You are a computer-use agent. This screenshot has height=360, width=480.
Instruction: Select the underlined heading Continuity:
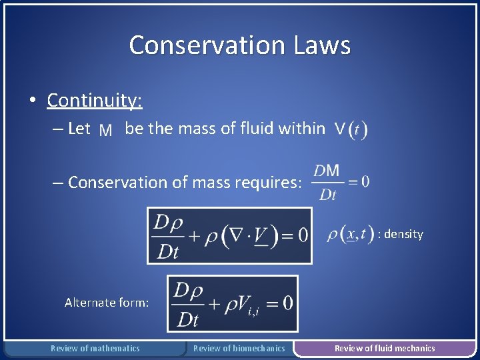95,100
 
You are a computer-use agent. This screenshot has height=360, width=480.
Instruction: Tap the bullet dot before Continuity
32,101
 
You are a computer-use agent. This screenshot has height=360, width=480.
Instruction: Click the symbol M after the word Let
105,130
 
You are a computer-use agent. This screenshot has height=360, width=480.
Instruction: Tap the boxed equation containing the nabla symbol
229,235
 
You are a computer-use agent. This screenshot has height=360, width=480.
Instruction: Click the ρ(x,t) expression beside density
350,235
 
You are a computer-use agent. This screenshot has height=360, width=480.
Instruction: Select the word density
403,234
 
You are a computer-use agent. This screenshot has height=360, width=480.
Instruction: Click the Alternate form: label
107,303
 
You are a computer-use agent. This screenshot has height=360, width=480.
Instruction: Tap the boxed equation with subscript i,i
232,303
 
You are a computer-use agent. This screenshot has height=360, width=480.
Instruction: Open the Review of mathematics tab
95,348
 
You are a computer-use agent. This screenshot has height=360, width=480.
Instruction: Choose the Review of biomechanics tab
239,348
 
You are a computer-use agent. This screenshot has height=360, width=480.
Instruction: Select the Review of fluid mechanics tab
385,348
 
